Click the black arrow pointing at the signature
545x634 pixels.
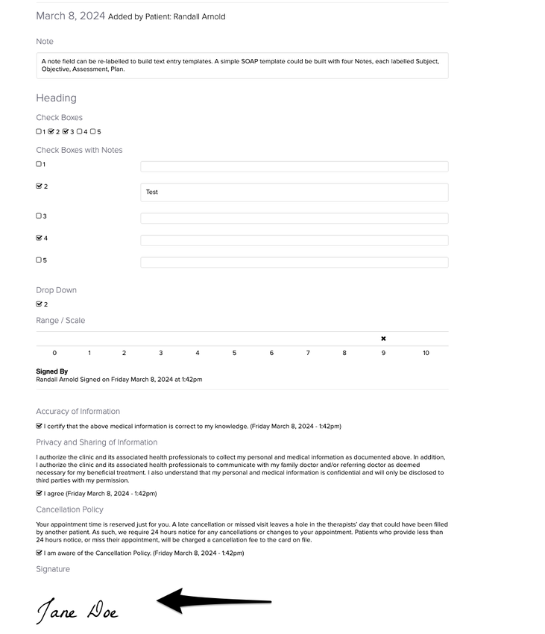(x=213, y=600)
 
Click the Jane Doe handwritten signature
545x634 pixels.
(x=78, y=610)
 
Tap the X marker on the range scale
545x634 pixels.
(x=383, y=339)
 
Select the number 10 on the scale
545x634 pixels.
(x=426, y=353)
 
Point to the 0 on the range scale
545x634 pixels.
(x=54, y=353)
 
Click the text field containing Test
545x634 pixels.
(x=294, y=192)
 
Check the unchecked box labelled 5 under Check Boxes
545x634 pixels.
(x=92, y=132)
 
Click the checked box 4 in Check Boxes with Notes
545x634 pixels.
(x=40, y=239)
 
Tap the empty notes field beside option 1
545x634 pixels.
(x=294, y=166)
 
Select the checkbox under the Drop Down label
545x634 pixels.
(x=40, y=304)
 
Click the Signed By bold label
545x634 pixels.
(x=52, y=371)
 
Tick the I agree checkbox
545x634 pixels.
(x=40, y=493)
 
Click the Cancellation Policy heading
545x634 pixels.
(x=69, y=509)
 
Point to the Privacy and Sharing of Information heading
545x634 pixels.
(x=97, y=442)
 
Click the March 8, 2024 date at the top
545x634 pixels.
(x=70, y=16)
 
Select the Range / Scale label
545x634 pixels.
(x=60, y=321)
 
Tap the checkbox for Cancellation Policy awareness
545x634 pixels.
(x=40, y=553)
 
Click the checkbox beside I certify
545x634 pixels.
(x=40, y=426)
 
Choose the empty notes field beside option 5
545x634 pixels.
(x=294, y=263)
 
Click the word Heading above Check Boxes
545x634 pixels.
(x=56, y=98)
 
